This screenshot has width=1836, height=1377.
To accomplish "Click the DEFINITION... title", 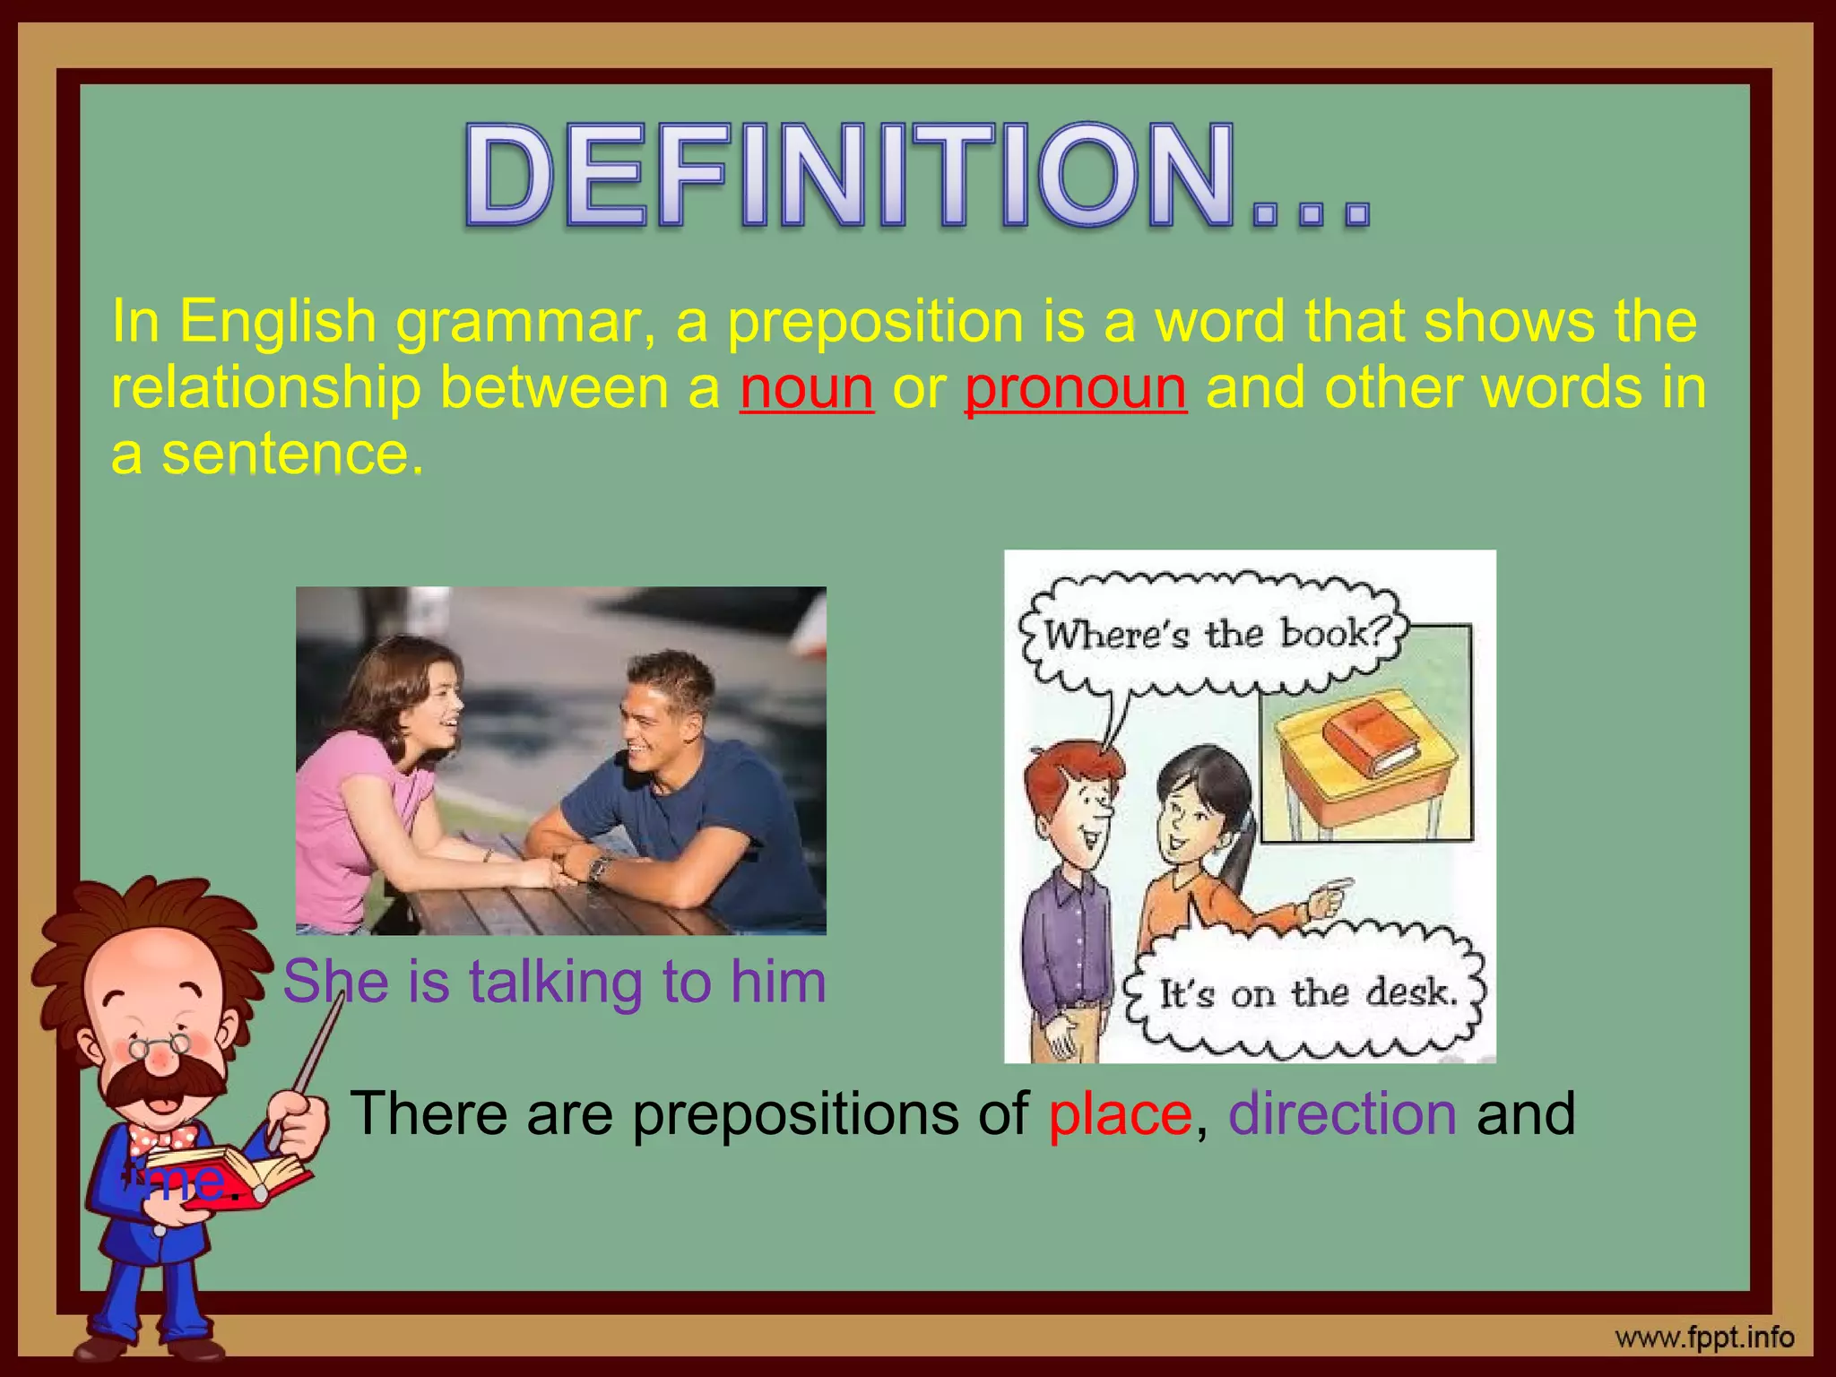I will click(916, 175).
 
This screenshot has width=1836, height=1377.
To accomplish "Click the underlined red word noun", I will click(807, 389).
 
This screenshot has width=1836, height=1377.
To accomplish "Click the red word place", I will click(1120, 1114).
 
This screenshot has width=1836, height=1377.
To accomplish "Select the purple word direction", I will click(1342, 1114).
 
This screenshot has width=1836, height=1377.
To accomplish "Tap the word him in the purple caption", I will click(778, 982).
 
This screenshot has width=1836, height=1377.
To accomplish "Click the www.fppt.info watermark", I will click(1704, 1338).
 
